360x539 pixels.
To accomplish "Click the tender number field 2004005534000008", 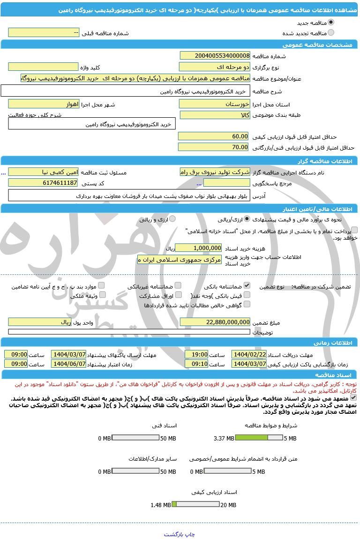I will (215, 55).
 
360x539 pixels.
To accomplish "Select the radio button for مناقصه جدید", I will (331, 22).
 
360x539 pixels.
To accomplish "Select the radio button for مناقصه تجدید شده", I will (331, 33).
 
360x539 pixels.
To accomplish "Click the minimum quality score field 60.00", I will (214, 136).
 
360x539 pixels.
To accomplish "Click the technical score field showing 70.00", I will (214, 147).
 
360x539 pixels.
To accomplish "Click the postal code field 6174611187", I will (43, 182).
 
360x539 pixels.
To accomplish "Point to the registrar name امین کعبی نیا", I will (43, 172).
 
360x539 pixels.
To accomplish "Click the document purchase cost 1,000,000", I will (198, 248).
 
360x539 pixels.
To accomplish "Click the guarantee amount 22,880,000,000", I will (215, 322).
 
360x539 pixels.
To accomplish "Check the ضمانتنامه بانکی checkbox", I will (247, 285).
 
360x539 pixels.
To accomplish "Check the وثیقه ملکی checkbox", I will (102, 296).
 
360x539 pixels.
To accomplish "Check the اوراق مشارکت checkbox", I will (178, 296).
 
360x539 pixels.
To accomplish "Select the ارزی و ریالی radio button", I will (172, 219).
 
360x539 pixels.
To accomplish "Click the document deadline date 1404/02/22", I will (249, 354).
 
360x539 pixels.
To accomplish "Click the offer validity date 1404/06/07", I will (68, 364).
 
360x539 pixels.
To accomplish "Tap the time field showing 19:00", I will (196, 354).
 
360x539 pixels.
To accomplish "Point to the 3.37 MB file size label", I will (224, 438).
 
